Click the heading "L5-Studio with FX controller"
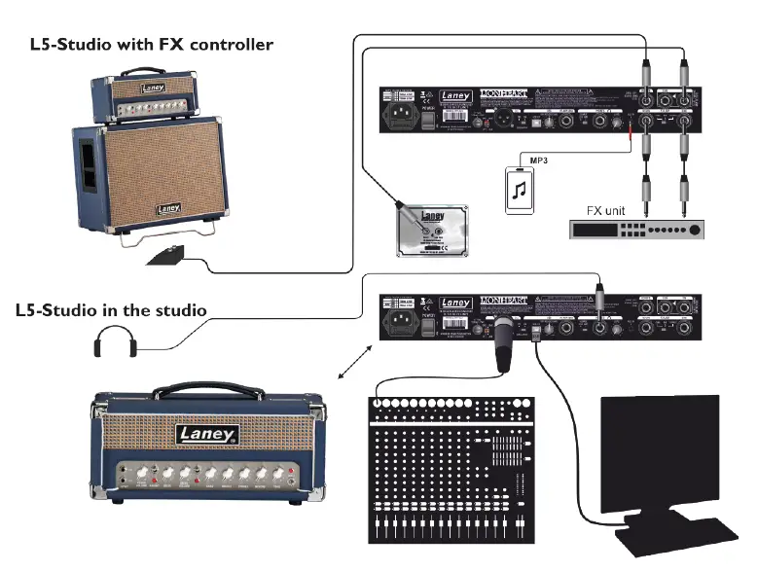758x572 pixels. [151, 45]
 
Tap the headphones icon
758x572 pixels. [116, 343]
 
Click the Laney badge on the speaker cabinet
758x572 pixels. [168, 207]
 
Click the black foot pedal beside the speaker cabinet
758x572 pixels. [165, 257]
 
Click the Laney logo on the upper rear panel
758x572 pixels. [455, 97]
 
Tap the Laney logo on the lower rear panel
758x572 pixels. [455, 303]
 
